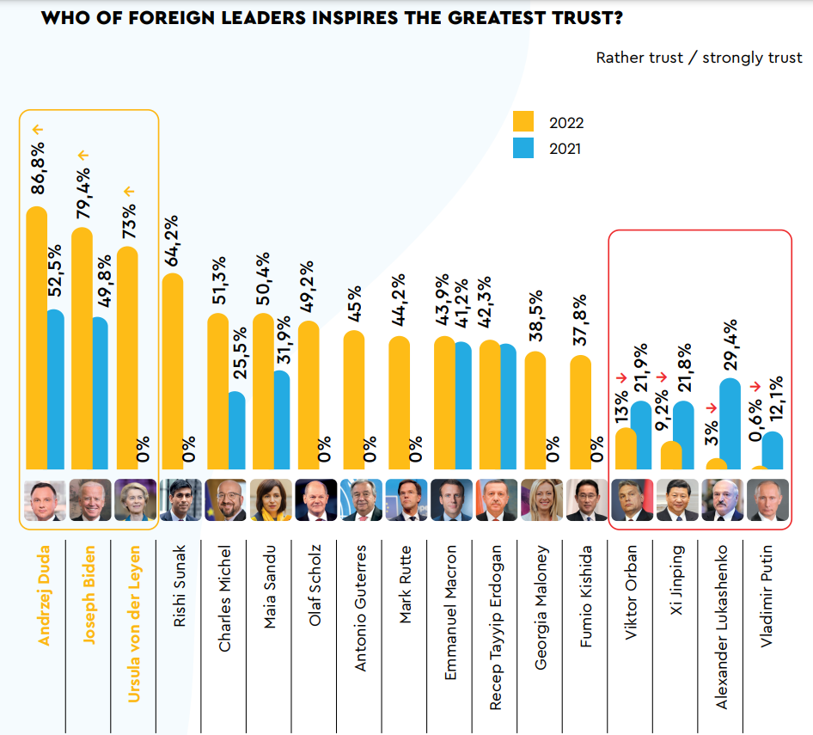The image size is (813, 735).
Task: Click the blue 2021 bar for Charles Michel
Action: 236,431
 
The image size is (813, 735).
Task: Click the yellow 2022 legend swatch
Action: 523,122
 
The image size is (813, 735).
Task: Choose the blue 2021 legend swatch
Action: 523,148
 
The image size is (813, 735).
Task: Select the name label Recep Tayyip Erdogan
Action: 496,626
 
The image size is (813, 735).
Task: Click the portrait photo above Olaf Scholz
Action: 316,500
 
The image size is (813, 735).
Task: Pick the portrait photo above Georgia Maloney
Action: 542,500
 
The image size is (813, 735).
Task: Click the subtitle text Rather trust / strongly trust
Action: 699,58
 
